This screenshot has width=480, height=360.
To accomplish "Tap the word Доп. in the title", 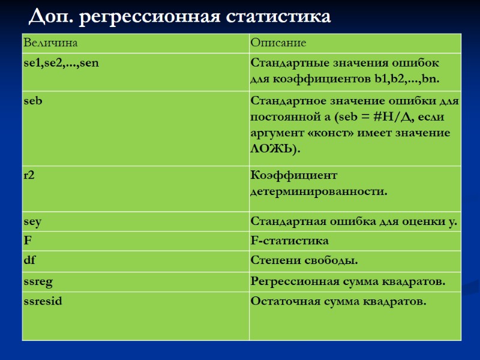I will tap(51, 16).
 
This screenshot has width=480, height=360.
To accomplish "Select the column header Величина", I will tap(50, 43).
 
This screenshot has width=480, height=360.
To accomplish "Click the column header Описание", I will tap(278, 43).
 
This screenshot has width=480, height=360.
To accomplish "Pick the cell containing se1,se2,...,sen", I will tap(61, 62).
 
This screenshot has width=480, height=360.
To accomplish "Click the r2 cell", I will tap(29, 176).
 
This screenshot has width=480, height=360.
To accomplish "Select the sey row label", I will tap(32, 221).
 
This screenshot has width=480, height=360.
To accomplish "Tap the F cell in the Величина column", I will tap(27, 241).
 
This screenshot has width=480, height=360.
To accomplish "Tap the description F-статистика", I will tap(289, 241).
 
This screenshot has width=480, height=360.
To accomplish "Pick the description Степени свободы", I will tap(304, 260).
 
